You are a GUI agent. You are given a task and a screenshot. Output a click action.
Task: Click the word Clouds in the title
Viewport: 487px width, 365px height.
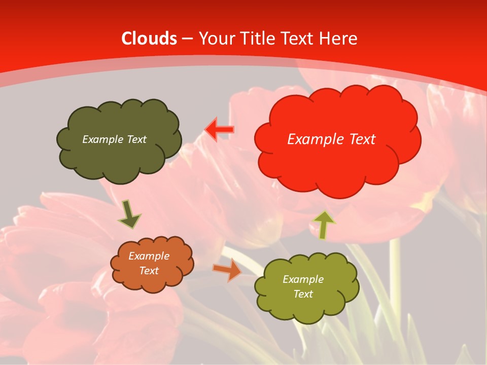tap(149, 39)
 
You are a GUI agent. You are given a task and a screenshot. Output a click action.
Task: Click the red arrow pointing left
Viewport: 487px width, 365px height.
tap(219, 130)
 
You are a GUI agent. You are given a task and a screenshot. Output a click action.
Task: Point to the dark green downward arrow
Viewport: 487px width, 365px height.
tap(129, 214)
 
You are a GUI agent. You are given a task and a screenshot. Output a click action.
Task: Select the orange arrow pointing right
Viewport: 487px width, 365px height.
tap(227, 270)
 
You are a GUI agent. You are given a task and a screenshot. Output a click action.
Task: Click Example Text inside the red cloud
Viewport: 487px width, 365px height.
tap(331, 139)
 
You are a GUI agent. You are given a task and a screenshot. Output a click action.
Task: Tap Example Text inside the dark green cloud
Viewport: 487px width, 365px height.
tap(114, 139)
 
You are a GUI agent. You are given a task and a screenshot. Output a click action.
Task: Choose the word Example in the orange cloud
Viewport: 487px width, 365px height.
tap(149, 256)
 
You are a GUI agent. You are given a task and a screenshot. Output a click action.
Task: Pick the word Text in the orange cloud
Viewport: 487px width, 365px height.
tap(149, 271)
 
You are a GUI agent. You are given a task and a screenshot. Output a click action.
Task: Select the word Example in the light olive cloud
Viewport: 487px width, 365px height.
tap(303, 279)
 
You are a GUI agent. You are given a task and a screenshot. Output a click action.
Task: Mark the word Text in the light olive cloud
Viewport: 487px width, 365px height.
tap(303, 294)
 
